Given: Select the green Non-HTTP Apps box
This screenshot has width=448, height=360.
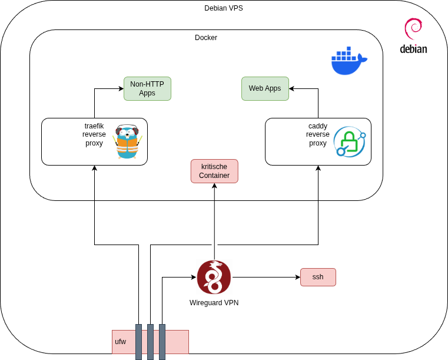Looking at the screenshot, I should click(x=147, y=88).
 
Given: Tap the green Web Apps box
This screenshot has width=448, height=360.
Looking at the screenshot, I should click(x=265, y=88).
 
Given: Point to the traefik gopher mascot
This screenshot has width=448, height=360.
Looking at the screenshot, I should click(x=127, y=141).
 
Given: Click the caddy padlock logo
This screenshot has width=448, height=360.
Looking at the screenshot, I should click(x=349, y=141).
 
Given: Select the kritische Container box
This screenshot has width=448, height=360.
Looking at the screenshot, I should click(x=214, y=171).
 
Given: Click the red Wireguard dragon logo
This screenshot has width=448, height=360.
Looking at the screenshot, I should click(x=214, y=277).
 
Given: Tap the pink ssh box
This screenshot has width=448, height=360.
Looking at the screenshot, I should click(x=318, y=277).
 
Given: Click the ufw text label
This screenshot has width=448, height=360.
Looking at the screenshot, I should click(x=121, y=342).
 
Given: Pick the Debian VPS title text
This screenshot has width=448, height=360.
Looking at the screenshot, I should click(x=224, y=8).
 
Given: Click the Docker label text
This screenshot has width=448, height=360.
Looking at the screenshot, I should click(x=206, y=38).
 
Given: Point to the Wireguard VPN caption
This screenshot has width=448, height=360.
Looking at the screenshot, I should click(x=214, y=303).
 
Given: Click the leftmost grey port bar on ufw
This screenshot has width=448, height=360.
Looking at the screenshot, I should click(x=139, y=342).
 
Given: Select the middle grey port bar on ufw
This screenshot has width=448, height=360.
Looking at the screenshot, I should click(x=151, y=342).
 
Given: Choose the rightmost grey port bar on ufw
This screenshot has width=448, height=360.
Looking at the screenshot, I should click(x=162, y=342).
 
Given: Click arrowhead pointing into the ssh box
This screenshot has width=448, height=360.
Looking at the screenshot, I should click(x=297, y=277).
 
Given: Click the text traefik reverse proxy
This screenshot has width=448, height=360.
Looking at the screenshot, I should click(x=94, y=134).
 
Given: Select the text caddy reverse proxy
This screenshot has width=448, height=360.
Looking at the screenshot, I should click(x=318, y=134).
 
